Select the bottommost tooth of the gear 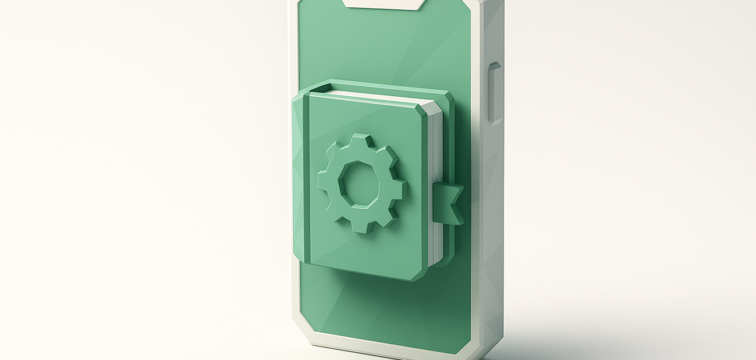362,226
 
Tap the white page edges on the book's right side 435,186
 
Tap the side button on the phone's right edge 495,93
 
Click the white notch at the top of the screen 383,4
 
